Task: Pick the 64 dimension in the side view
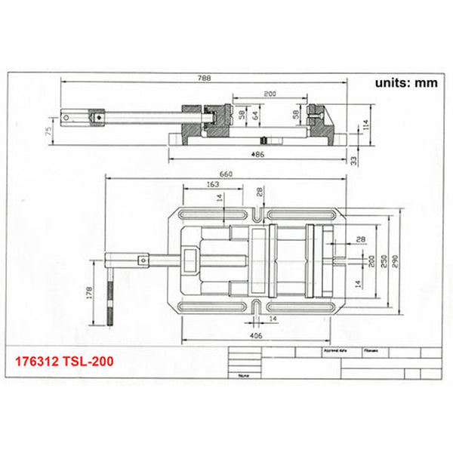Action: pos(254,115)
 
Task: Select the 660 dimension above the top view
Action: pos(226,174)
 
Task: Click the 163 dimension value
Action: pos(212,184)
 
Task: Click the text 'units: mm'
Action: pos(406,84)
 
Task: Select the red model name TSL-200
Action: pos(93,362)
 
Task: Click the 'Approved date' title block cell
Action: pos(334,352)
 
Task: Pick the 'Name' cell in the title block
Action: pos(243,374)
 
